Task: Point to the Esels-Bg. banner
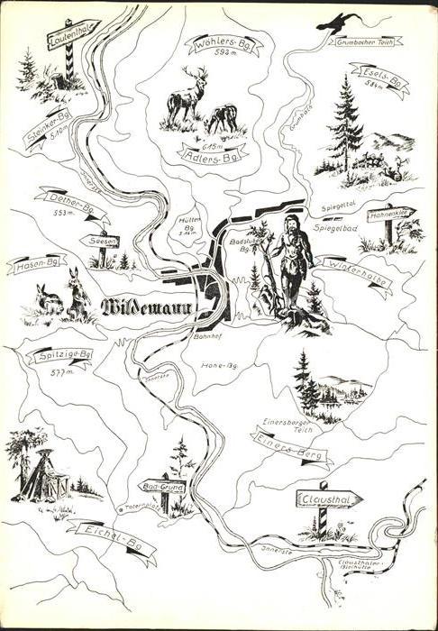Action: click(x=381, y=78)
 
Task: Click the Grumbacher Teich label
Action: click(x=364, y=41)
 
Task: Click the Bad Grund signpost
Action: click(x=161, y=486)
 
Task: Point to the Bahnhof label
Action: click(x=207, y=336)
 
